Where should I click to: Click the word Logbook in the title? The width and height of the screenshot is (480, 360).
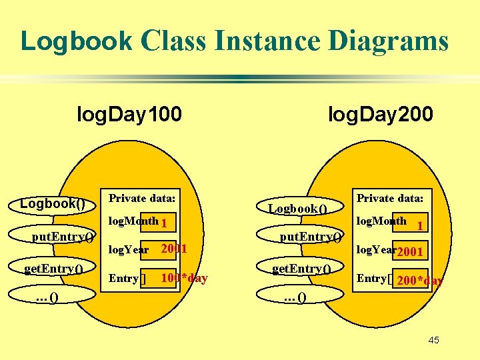click(x=77, y=41)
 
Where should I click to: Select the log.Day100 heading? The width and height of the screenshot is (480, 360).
click(x=129, y=115)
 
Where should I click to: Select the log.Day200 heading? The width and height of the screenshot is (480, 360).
click(x=381, y=115)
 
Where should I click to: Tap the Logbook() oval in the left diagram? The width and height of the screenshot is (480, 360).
click(x=53, y=203)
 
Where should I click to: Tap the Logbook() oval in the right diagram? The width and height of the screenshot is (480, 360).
click(x=297, y=208)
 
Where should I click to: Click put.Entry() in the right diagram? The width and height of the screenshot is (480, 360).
click(x=311, y=236)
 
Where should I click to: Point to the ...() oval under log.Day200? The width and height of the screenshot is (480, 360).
click(x=294, y=297)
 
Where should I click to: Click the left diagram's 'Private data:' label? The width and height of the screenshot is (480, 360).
click(x=142, y=198)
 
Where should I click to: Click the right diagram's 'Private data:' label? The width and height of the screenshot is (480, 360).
click(x=390, y=198)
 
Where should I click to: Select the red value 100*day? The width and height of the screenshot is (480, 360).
click(x=184, y=277)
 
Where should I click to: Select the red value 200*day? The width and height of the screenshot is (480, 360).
click(x=419, y=281)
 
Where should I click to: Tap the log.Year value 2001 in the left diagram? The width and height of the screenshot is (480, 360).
click(x=174, y=249)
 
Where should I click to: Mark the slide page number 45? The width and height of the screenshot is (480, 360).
click(x=433, y=341)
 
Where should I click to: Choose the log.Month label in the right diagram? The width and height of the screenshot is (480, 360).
click(x=381, y=221)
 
